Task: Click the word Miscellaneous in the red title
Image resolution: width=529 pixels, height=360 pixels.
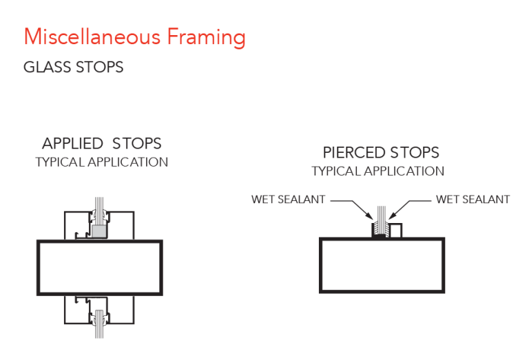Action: (x=92, y=36)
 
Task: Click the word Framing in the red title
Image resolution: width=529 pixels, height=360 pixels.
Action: (x=207, y=38)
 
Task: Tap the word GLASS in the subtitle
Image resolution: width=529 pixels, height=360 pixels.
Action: (x=48, y=67)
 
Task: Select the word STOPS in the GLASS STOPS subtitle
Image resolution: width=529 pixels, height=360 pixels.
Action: (x=99, y=67)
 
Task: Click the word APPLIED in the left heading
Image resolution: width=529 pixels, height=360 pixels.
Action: (x=72, y=144)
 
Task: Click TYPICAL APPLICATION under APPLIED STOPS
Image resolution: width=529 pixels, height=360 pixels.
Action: (x=101, y=162)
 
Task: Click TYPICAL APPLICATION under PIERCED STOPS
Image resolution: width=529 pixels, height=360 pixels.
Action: (x=378, y=171)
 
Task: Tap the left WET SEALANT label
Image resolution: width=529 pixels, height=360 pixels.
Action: (x=288, y=200)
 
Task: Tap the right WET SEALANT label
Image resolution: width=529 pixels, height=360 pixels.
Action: (x=473, y=200)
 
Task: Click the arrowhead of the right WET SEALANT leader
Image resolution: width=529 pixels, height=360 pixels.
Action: (x=392, y=217)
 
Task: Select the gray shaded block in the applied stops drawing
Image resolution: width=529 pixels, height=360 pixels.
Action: (x=99, y=231)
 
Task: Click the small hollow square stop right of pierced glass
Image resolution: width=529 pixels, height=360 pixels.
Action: (x=396, y=231)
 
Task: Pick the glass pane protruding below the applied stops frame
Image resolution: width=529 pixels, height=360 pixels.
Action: (x=99, y=324)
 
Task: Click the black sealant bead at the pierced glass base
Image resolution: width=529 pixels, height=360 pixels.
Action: (x=381, y=236)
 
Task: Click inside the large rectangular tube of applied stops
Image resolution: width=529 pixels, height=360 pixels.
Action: (x=100, y=268)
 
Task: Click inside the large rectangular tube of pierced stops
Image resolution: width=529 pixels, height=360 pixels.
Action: (x=382, y=265)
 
